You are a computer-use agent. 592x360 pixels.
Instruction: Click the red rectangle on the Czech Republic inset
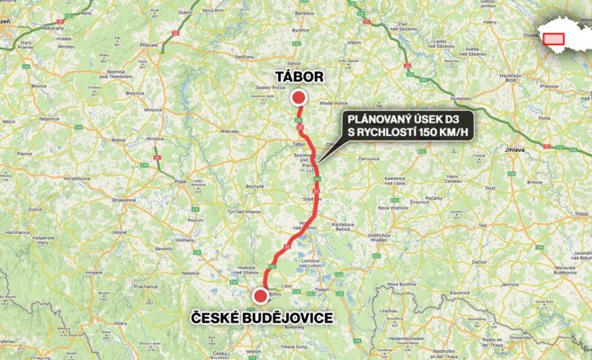pyautogui.click(x=552, y=38)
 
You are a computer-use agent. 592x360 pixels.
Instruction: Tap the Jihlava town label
pyautogui.click(x=516, y=149)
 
